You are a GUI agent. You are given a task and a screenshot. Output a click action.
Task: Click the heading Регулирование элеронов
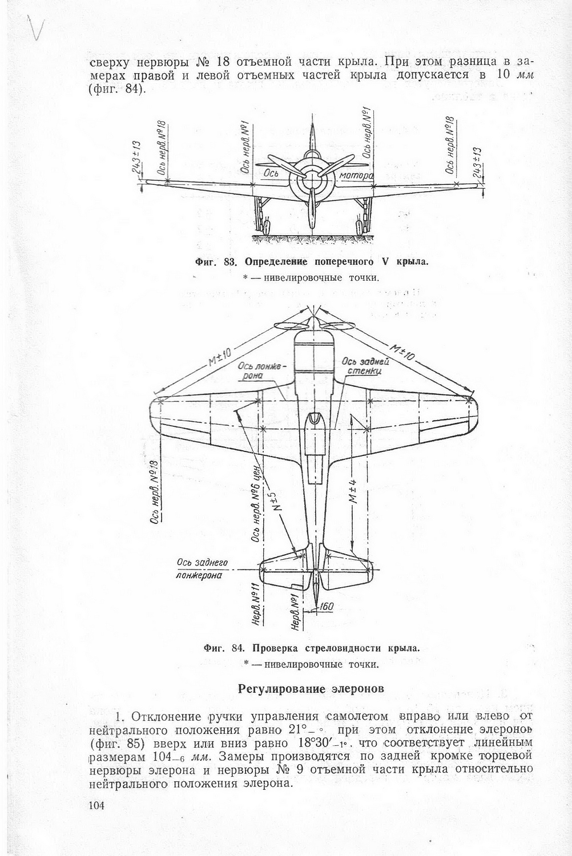pyautogui.click(x=311, y=688)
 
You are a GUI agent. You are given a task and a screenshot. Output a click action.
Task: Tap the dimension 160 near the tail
pyautogui.click(x=326, y=607)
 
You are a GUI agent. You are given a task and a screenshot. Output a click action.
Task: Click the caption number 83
pyautogui.click(x=231, y=262)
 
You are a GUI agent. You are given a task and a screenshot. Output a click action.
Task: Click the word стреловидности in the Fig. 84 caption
pyautogui.click(x=346, y=648)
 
